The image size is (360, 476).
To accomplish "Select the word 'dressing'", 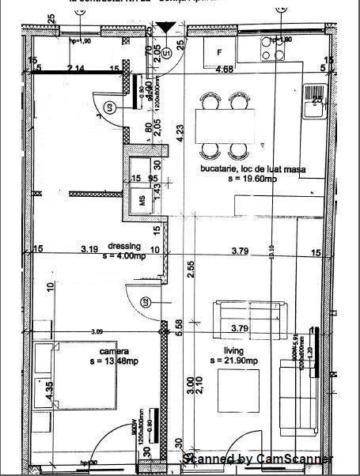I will pos(123,245).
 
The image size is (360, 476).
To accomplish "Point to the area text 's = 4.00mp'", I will pos(123,255).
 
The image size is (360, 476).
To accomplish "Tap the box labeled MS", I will pos(143,200).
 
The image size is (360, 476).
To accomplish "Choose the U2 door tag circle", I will pos(146,301).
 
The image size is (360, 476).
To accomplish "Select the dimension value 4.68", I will pos(225,70).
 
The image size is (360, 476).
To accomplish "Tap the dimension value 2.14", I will pos(75,70).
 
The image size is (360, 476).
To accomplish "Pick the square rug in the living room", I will pos(241,391).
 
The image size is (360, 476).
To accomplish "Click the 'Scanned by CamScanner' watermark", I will pos(258,459).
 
